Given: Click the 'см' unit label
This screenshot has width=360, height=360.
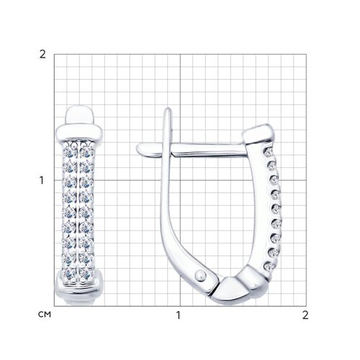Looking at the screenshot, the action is click(45, 314).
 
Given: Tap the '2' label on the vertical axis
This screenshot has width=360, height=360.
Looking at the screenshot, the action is click(42, 55).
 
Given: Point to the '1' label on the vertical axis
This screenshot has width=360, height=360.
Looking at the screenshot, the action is click(42, 180).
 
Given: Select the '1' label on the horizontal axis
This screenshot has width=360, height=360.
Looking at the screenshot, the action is click(178, 315).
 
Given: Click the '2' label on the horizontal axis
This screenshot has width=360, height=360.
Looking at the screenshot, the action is click(305, 315).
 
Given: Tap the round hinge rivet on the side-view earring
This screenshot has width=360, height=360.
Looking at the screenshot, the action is click(200, 275).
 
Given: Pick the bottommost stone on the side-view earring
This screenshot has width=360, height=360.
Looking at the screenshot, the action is click(268, 266).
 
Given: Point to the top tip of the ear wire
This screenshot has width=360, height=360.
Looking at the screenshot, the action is click(168, 109).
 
